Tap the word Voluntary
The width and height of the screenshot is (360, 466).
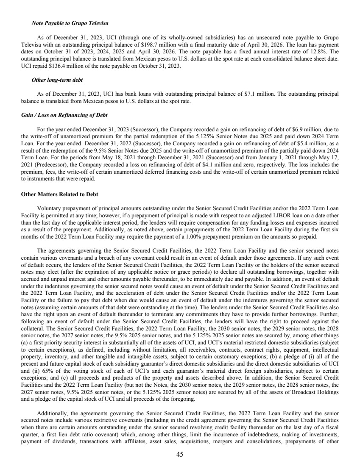coord(49,208)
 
